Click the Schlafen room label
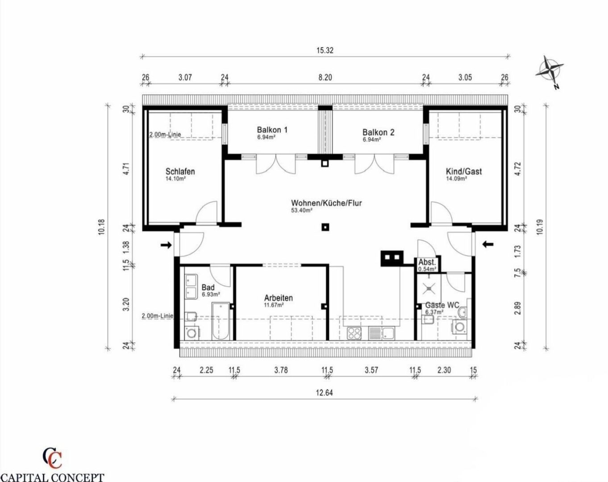180,171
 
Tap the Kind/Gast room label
464,171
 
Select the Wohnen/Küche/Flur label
326,203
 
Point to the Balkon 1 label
272,130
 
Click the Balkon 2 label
378,132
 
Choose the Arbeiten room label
278,298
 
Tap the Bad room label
208,287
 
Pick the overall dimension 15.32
325,50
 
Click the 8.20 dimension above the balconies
325,77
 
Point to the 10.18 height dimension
102,227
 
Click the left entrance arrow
166,245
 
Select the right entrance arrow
488,244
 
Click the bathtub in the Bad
220,321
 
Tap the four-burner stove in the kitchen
354,333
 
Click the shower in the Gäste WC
429,288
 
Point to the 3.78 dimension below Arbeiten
281,370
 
